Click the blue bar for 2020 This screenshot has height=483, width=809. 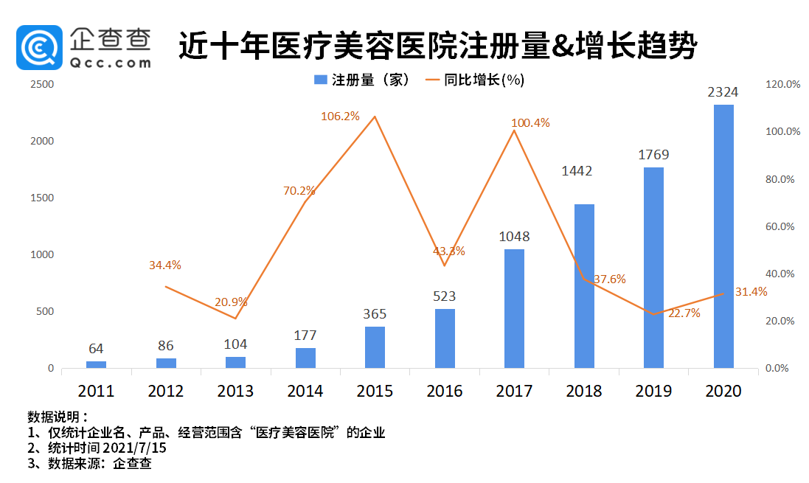click(x=723, y=236)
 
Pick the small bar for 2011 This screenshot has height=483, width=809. click(x=96, y=364)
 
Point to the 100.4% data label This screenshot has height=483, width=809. click(x=530, y=123)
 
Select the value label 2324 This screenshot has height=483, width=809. click(x=723, y=93)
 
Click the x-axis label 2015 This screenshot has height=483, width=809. click(x=375, y=391)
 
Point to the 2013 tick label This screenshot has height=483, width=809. click(x=235, y=391)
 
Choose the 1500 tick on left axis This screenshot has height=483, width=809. click(x=41, y=198)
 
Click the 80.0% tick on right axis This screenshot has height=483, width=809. click(x=784, y=179)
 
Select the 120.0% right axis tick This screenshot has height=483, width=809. click(x=783, y=85)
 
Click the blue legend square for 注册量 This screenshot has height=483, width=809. click(x=320, y=80)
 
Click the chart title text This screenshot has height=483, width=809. click(x=437, y=46)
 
